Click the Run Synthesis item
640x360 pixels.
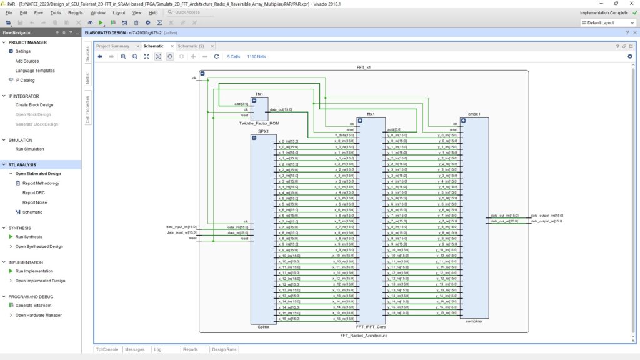tap(28, 237)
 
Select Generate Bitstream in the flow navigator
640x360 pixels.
tap(33, 306)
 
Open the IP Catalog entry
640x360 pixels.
tap(25, 80)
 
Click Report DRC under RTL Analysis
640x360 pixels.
tap(34, 193)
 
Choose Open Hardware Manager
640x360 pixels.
tap(38, 315)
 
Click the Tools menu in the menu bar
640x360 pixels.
tap(56, 12)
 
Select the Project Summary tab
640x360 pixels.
tap(112, 46)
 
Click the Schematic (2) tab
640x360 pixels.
tap(191, 46)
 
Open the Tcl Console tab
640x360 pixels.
tap(106, 349)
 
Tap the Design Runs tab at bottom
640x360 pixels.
tap(224, 349)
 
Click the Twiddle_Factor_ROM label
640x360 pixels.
tap(259, 123)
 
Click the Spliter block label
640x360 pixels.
tap(263, 327)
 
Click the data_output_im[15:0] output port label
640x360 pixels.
tap(547, 216)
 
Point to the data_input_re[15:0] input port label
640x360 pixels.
tap(181, 232)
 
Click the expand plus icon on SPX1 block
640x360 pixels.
tap(254, 137)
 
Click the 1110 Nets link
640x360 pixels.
tap(256, 56)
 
